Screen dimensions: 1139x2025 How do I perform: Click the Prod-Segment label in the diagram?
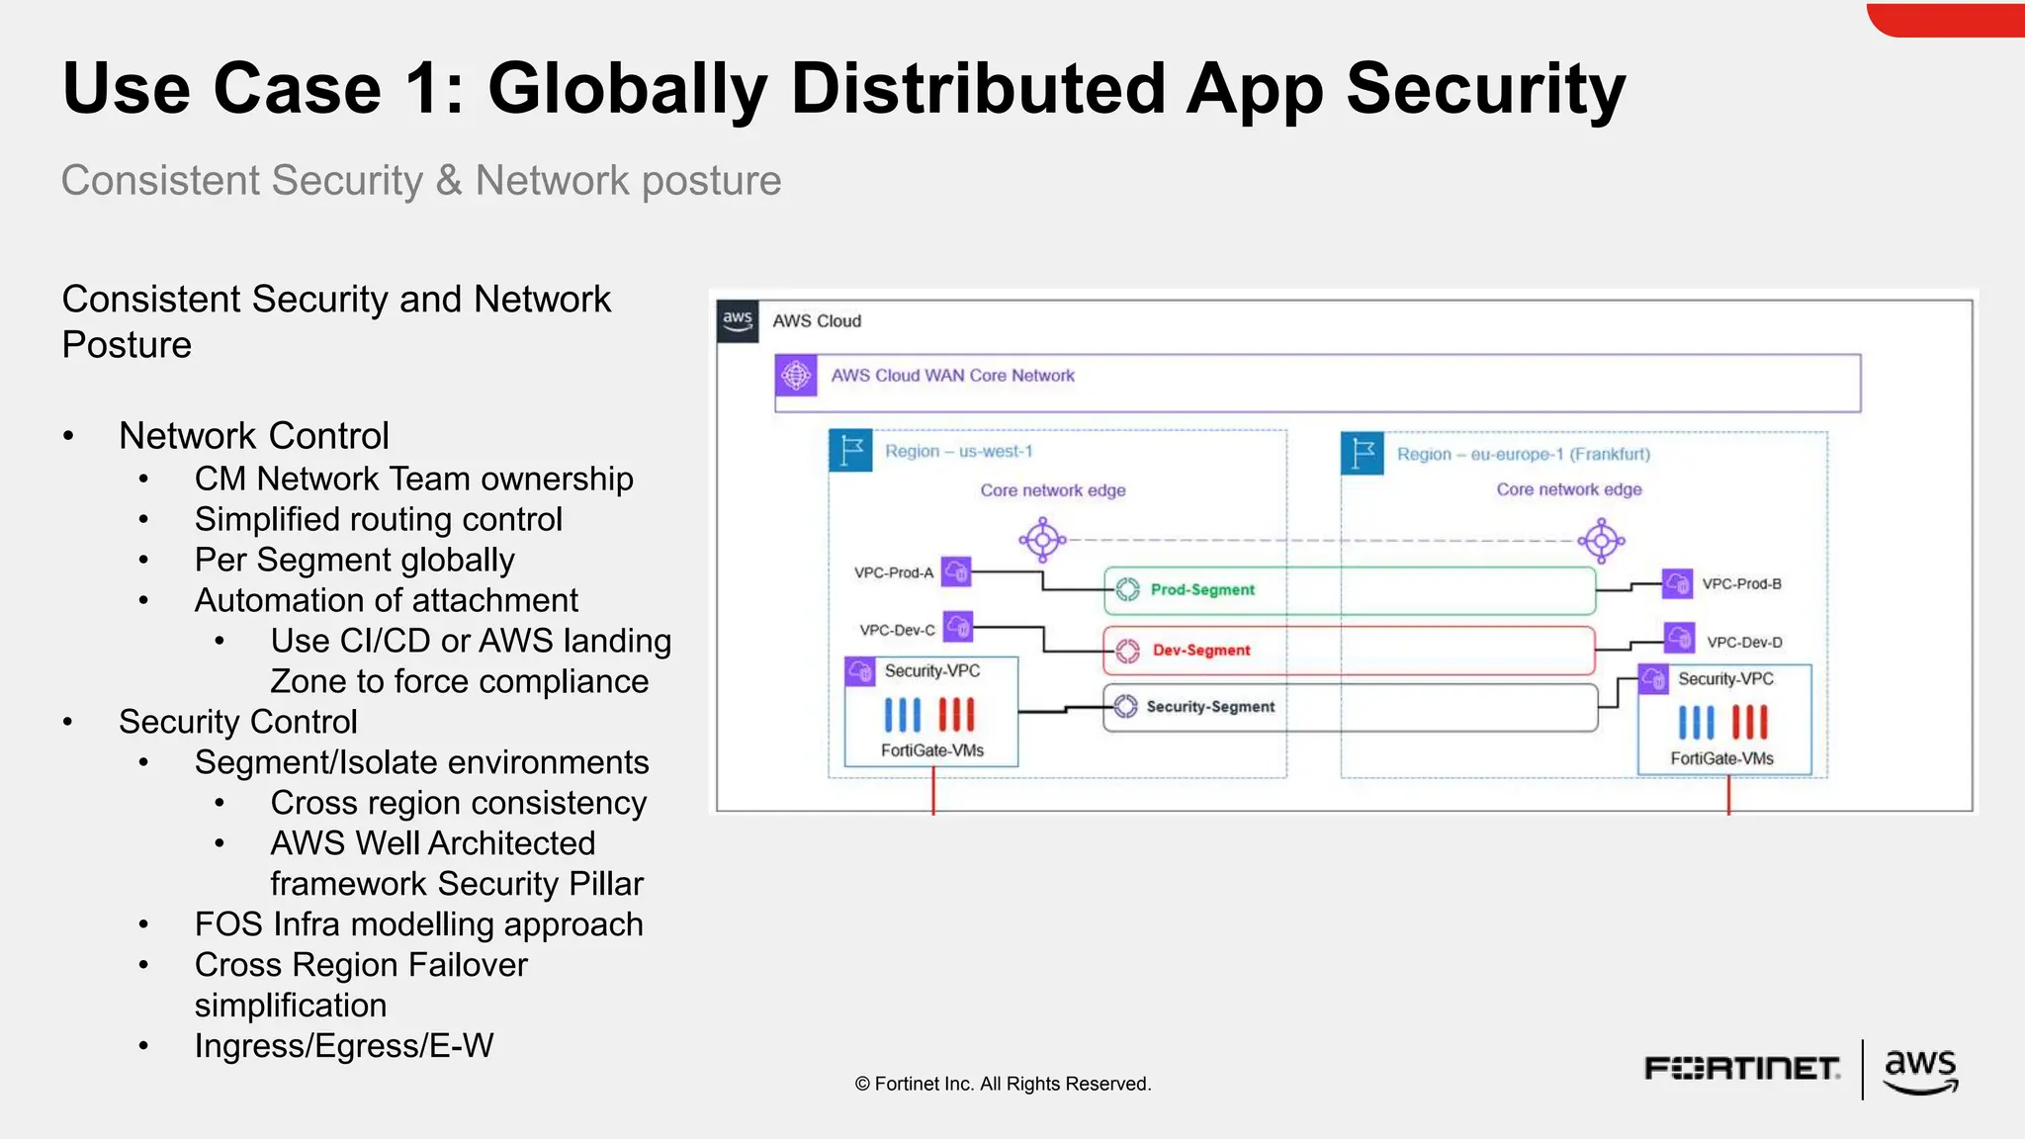point(1201,589)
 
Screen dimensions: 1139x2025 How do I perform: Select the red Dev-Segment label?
point(1200,650)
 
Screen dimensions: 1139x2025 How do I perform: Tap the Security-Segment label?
point(1209,706)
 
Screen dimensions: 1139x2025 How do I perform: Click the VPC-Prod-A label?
point(894,572)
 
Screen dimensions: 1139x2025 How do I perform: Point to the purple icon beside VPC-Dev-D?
point(1679,638)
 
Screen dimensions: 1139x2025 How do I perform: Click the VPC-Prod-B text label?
point(1741,583)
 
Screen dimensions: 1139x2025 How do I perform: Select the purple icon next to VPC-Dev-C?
point(958,626)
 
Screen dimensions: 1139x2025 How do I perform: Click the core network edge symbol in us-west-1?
point(1042,540)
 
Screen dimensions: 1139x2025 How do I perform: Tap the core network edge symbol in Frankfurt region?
point(1602,541)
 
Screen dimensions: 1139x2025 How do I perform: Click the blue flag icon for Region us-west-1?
point(850,451)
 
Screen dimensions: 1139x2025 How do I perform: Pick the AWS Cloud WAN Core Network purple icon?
point(796,376)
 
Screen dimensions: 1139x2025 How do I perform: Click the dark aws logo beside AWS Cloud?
point(738,321)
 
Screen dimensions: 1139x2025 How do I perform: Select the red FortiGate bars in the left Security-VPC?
point(956,714)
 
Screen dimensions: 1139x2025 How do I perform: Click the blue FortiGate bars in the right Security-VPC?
point(1696,723)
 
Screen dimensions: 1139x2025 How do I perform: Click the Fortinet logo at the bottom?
point(1741,1069)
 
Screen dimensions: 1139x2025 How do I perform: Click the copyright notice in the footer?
point(1003,1084)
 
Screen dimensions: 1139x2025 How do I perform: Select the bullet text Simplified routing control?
point(378,519)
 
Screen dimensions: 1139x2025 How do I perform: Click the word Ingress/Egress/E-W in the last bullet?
point(343,1046)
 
